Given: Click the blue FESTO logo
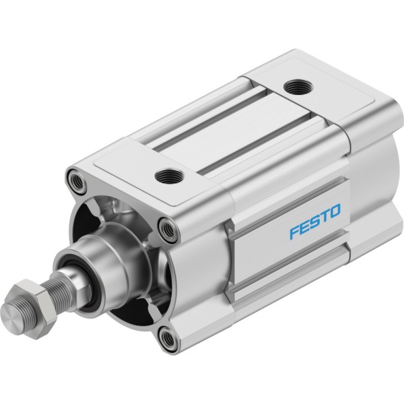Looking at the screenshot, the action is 315,222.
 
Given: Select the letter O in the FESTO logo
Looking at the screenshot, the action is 335,211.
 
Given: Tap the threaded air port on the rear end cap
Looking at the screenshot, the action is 298,87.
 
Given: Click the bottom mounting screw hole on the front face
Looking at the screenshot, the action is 167,338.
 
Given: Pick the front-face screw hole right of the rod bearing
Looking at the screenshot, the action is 168,228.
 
